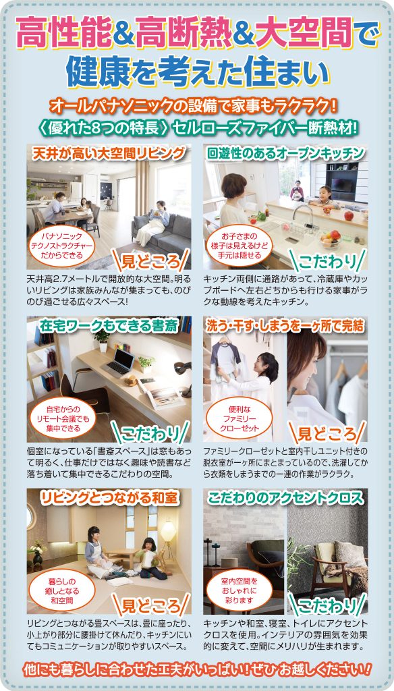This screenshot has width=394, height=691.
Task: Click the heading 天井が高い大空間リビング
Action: pos(108,153)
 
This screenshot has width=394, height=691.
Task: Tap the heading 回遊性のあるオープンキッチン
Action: pos(285,153)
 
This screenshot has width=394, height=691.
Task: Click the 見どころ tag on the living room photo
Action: pos(152,259)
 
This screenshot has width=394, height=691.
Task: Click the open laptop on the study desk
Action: pos(120,363)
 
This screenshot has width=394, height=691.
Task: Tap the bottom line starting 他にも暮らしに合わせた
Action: pos(197,670)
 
